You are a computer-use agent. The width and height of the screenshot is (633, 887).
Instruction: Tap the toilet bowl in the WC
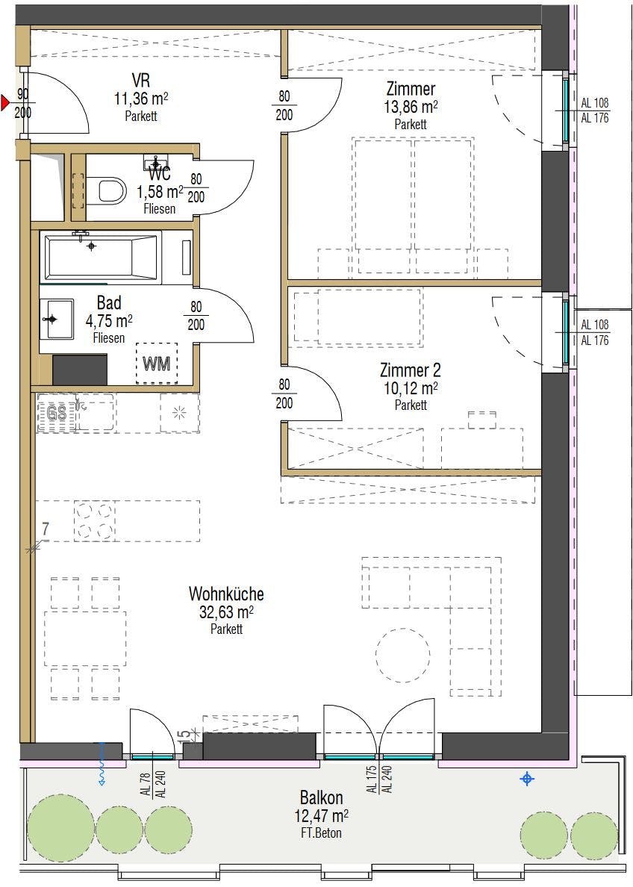tap(111, 190)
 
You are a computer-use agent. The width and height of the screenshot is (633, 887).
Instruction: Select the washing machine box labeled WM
tap(156, 364)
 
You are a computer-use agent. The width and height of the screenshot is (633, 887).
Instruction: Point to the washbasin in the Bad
tap(57, 319)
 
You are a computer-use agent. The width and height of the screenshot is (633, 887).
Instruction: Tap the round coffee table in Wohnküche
tap(402, 656)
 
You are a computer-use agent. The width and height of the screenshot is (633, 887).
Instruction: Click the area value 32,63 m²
tap(226, 613)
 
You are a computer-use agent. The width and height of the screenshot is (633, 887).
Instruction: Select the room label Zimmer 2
tap(410, 370)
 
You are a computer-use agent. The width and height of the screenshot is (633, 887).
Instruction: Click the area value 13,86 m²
tap(410, 108)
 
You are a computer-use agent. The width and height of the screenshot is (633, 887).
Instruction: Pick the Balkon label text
tap(321, 797)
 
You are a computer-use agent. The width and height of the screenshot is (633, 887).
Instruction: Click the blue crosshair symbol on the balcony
tap(528, 779)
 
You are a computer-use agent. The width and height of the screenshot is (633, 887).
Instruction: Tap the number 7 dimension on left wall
tap(46, 529)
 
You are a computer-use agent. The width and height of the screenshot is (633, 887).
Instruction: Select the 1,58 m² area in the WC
tap(160, 192)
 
